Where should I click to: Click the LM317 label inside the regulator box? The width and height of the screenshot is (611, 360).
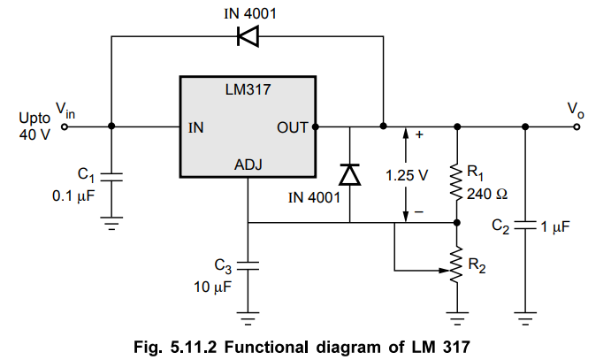(x=248, y=90)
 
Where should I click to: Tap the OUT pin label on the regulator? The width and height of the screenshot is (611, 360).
(x=292, y=127)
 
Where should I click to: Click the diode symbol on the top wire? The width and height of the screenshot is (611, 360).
(x=248, y=37)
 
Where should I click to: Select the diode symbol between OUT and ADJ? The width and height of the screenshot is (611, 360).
(x=350, y=174)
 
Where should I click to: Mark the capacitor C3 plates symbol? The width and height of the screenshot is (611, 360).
(x=248, y=264)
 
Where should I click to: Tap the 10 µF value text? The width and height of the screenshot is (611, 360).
(x=212, y=286)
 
